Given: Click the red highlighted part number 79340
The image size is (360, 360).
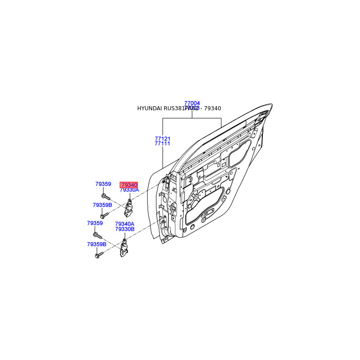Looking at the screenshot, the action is (129, 185).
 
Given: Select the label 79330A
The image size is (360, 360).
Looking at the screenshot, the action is (130, 190).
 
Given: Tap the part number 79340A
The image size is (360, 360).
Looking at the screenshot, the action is (125, 224).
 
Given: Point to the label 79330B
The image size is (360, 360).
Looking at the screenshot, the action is (125, 229).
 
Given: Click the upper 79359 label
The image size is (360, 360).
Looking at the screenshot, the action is (103, 184).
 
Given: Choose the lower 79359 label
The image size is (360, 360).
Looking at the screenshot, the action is (95, 223).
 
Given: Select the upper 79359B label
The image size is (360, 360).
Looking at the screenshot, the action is (103, 205).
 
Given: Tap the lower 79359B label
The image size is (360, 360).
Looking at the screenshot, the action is (97, 244).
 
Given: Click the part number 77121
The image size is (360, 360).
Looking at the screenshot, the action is (162, 139).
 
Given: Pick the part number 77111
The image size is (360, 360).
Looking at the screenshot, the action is (162, 144).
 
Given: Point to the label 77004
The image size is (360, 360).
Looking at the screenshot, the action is (192, 103).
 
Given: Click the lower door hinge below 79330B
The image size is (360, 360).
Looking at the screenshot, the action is (123, 249).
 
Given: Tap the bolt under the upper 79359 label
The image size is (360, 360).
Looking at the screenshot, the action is (106, 197).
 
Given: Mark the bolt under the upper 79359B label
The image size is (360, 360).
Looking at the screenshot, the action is (103, 216).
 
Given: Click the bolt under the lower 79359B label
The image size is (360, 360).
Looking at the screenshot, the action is (99, 255).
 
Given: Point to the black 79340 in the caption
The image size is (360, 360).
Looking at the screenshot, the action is (212, 108).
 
